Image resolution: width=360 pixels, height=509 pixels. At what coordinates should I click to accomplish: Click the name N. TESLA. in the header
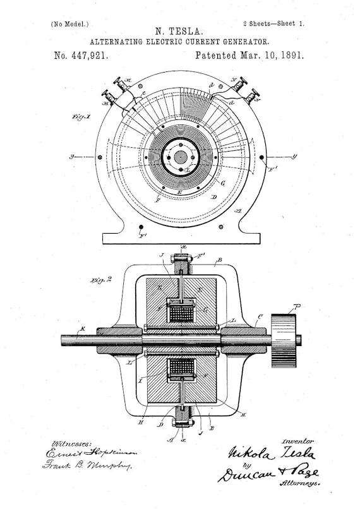(x=179, y=30)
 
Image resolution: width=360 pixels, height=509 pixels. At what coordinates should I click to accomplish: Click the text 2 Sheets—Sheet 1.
(x=273, y=23)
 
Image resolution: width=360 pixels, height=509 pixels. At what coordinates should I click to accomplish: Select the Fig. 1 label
(x=83, y=117)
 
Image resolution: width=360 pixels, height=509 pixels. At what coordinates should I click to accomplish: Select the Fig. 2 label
(x=101, y=279)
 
